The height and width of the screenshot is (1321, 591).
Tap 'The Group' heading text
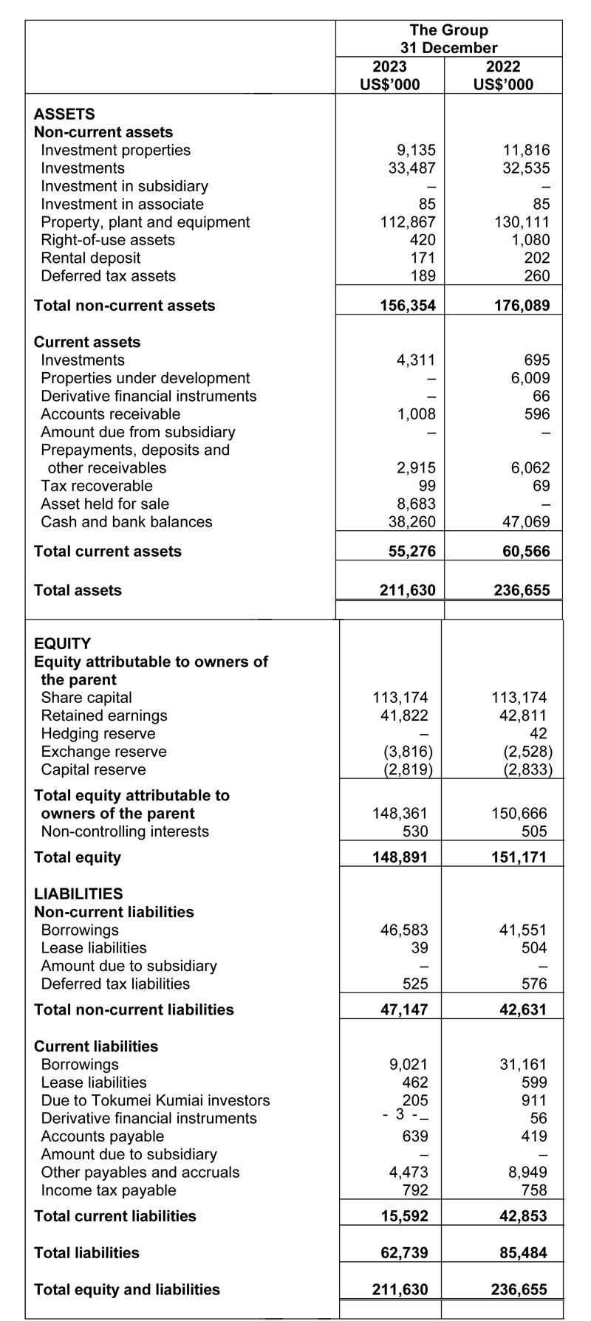click(x=448, y=30)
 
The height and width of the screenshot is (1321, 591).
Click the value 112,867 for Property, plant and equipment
click(x=406, y=222)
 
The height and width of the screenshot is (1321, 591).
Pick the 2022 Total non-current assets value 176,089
click(x=522, y=306)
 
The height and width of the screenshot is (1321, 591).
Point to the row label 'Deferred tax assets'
click(x=108, y=276)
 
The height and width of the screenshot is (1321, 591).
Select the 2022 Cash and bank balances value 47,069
click(x=525, y=522)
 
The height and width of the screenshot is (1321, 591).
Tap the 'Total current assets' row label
click(x=108, y=552)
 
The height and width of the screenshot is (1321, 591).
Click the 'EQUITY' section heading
click(x=63, y=644)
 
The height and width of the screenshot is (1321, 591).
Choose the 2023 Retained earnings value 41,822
click(x=403, y=716)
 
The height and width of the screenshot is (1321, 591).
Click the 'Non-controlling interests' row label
click(x=125, y=831)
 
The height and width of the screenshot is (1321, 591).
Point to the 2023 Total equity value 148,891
click(x=400, y=858)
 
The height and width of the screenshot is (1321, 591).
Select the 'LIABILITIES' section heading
click(x=78, y=894)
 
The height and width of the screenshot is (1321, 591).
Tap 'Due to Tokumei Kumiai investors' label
click(x=155, y=1100)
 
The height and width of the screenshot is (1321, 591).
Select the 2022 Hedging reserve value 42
click(x=538, y=734)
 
